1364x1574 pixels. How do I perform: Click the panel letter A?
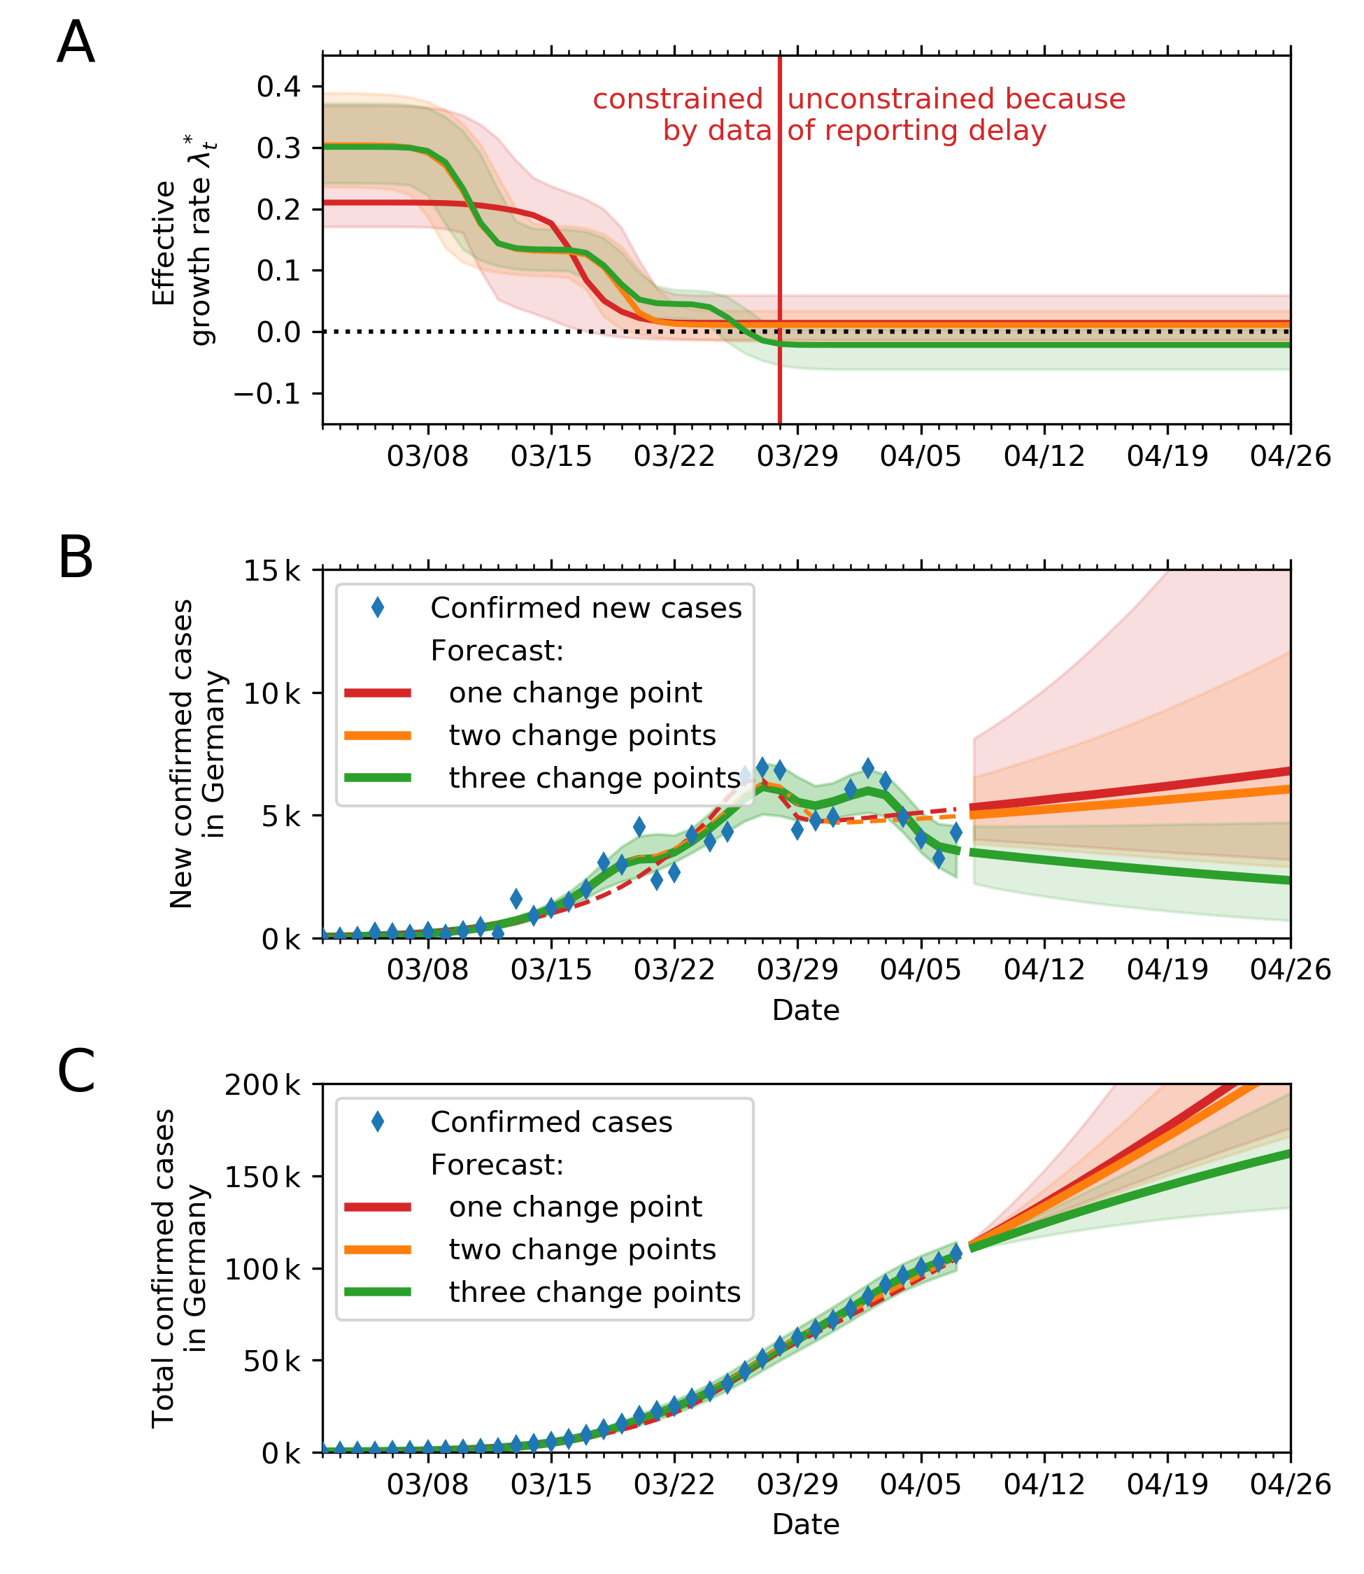(76, 43)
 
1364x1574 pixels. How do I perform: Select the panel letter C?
(76, 1071)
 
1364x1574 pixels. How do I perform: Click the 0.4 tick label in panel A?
(278, 87)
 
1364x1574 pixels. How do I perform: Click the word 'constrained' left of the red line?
(677, 99)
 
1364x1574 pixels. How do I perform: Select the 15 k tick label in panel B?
(271, 571)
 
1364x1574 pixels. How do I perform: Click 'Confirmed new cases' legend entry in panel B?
(585, 608)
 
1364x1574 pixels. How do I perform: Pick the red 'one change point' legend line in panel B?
(378, 693)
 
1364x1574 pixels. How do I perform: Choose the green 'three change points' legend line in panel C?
(378, 1291)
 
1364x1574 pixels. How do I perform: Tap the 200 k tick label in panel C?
(262, 1084)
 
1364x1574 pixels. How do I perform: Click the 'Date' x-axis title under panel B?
(805, 1010)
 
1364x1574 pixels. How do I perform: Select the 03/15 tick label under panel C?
(551, 1484)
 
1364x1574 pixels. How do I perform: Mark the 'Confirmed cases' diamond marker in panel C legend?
(378, 1122)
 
